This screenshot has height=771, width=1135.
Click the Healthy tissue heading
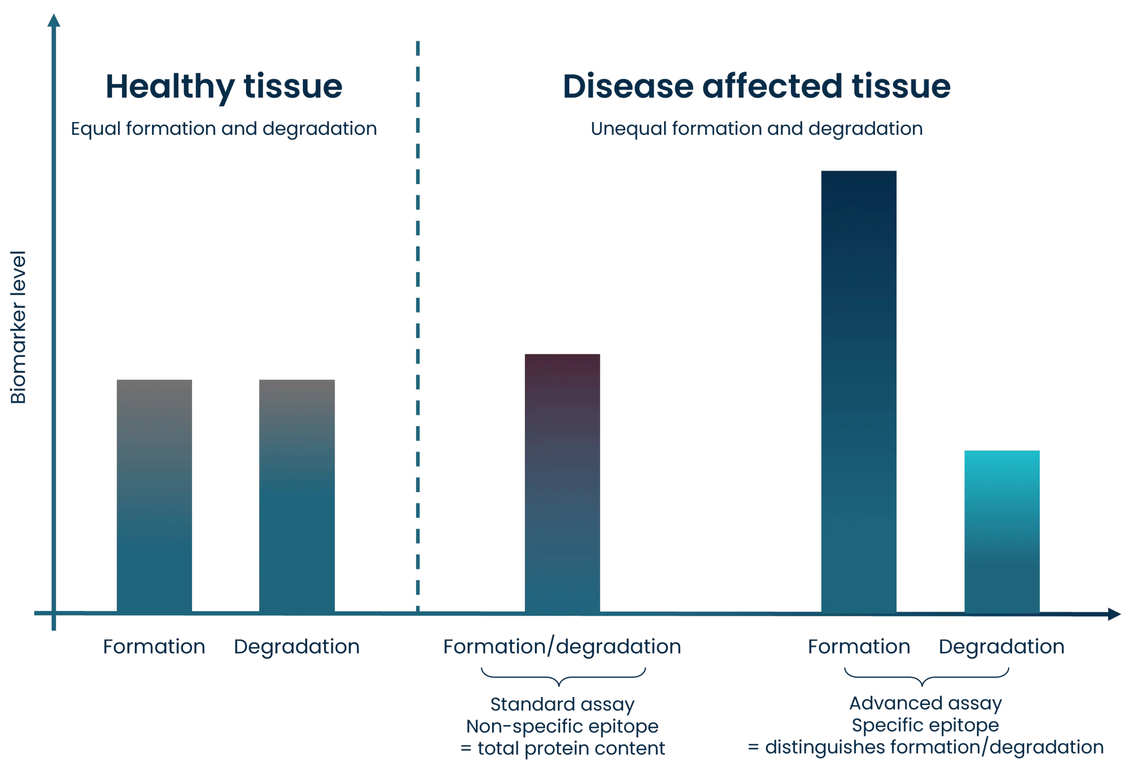click(224, 87)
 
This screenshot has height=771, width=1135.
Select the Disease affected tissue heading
click(756, 87)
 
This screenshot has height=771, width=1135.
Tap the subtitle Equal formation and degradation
click(224, 130)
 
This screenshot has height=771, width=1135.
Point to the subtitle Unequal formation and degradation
click(756, 130)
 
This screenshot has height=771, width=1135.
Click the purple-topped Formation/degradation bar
click(562, 481)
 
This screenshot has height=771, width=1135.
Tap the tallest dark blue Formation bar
click(858, 391)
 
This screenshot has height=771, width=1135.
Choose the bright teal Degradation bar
click(1002, 531)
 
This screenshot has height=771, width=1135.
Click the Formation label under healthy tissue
click(154, 648)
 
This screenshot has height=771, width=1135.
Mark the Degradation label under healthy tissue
click(297, 648)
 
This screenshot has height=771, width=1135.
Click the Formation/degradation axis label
click(562, 648)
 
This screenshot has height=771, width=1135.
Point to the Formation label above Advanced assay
click(859, 648)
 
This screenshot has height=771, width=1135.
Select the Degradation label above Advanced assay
click(1001, 648)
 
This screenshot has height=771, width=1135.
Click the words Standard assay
click(562, 704)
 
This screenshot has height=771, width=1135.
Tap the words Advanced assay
click(925, 704)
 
